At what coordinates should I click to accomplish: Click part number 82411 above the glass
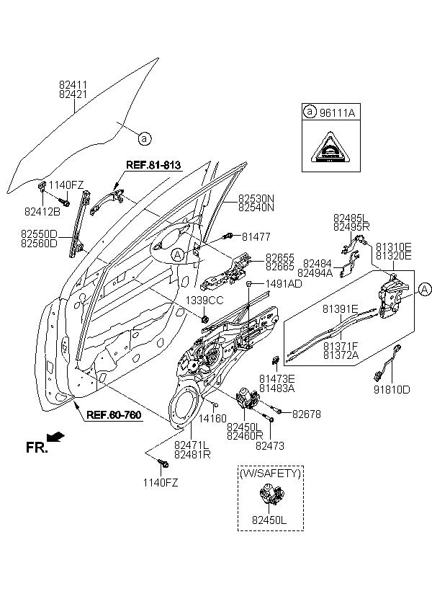73,84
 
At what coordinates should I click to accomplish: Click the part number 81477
256,235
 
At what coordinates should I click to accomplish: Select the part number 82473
270,446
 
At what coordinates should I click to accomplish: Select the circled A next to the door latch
424,290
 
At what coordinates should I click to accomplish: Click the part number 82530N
257,197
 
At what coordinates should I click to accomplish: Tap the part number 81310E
392,246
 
